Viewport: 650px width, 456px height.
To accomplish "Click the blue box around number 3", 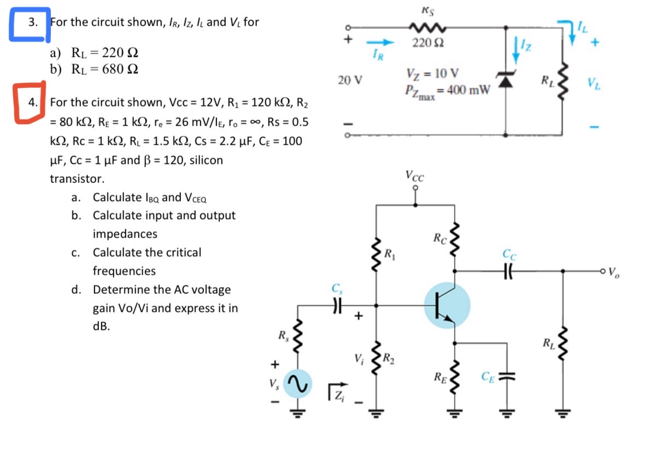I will (29, 24).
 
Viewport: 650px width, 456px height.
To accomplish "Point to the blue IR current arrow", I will (380, 42).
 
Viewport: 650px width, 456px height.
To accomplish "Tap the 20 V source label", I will (350, 80).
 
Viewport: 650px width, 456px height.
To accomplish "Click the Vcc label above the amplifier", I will (415, 176).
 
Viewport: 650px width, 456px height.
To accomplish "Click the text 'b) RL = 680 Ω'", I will (94, 69).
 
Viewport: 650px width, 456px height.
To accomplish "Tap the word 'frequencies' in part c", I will (124, 271).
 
